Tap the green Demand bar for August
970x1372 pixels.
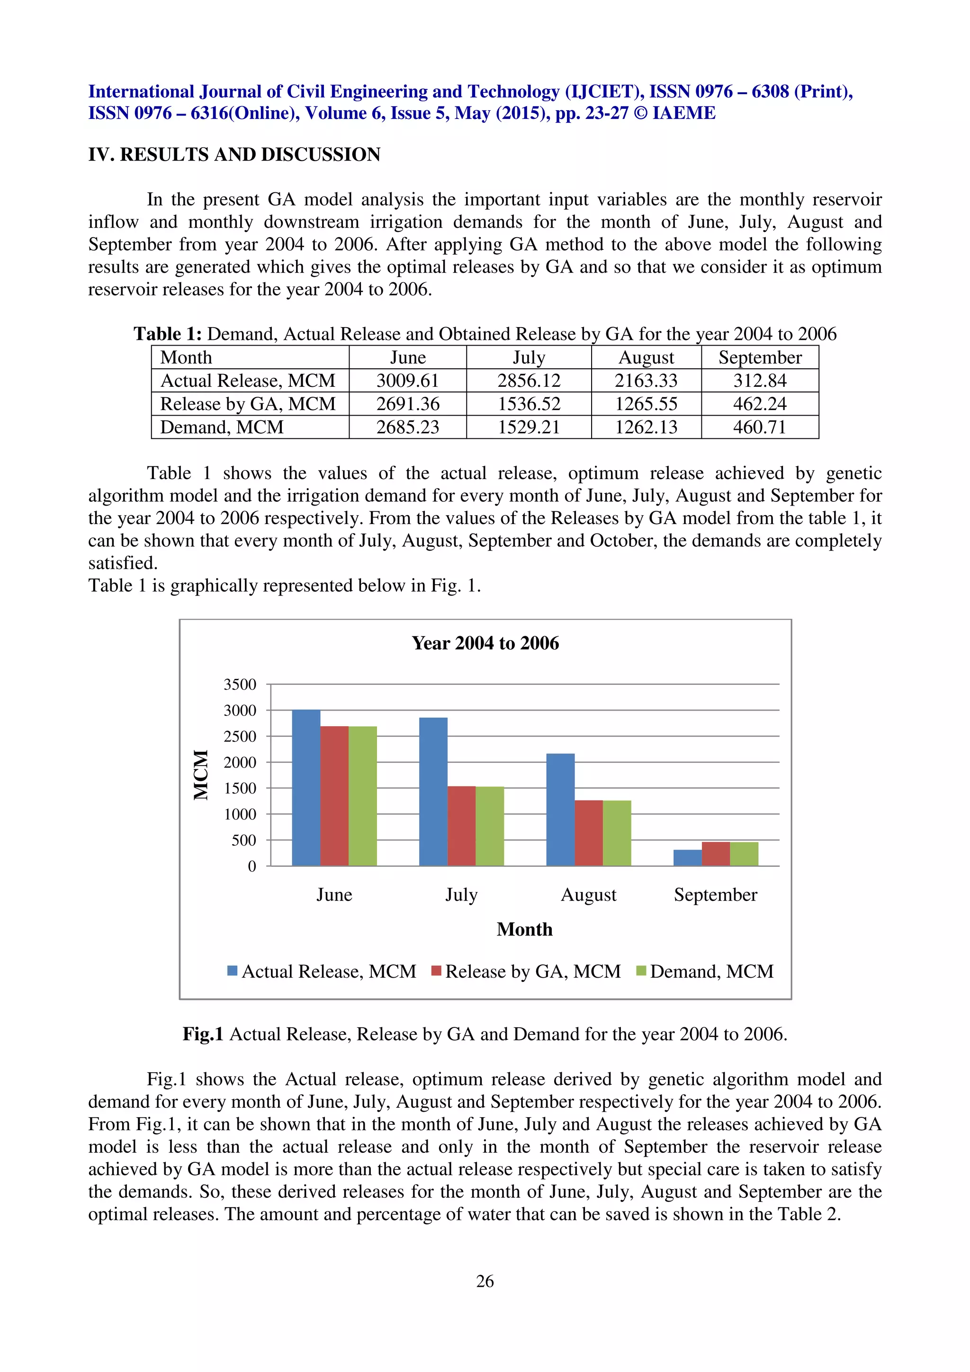tap(617, 833)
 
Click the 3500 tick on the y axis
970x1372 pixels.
tap(240, 684)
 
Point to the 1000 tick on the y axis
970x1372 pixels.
tap(240, 814)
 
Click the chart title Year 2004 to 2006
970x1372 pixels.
tap(485, 643)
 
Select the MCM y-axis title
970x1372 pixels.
tap(201, 775)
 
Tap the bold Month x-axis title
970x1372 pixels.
tap(524, 929)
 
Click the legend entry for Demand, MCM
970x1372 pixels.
tap(711, 971)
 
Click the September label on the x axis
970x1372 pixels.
tap(715, 895)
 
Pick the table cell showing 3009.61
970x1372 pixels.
tap(408, 381)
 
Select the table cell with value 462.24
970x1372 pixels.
tap(760, 404)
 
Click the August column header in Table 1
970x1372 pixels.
tap(646, 357)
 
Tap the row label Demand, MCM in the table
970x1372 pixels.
tap(222, 427)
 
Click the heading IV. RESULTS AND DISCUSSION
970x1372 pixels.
tap(234, 154)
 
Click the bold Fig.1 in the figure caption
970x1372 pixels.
tap(203, 1034)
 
